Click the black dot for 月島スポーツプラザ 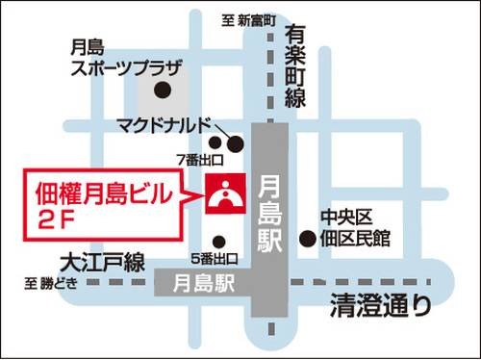163,91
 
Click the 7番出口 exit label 199,159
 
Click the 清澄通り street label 380,307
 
